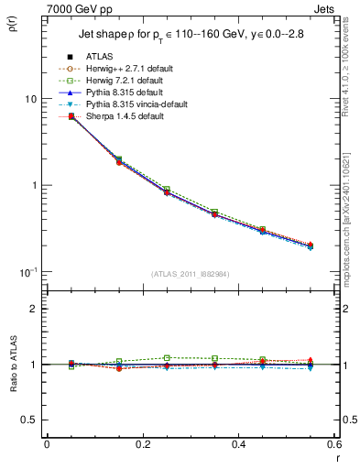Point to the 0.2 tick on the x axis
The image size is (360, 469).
point(142,444)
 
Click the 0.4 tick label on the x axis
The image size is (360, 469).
point(237,444)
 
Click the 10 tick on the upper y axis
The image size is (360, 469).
point(29,99)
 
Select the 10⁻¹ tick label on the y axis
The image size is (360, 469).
point(27,272)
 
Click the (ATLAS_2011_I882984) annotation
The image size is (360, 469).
point(191,274)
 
